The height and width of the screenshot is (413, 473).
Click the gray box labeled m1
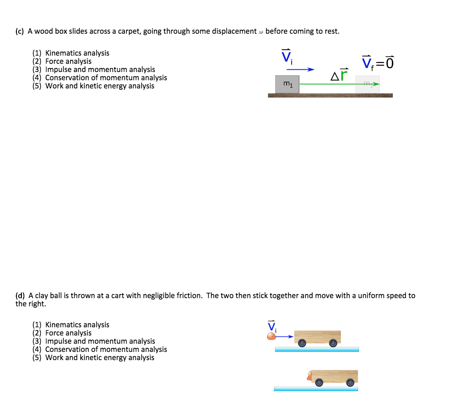click(287, 84)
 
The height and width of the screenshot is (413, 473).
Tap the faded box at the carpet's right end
click(367, 84)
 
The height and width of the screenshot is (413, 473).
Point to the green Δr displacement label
click(339, 74)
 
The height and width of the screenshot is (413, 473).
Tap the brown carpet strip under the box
click(330, 95)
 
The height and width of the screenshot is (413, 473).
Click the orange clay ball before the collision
click(272, 336)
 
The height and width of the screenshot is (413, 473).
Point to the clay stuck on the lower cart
click(309, 377)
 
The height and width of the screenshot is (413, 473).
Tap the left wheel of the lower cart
click(319, 383)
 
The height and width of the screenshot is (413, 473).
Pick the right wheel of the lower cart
click(350, 383)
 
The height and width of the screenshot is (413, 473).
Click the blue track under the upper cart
click(317, 350)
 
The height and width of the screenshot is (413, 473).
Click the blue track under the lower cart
click(316, 389)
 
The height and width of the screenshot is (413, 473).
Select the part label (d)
click(20, 295)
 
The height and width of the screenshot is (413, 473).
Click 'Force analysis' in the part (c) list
click(68, 61)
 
